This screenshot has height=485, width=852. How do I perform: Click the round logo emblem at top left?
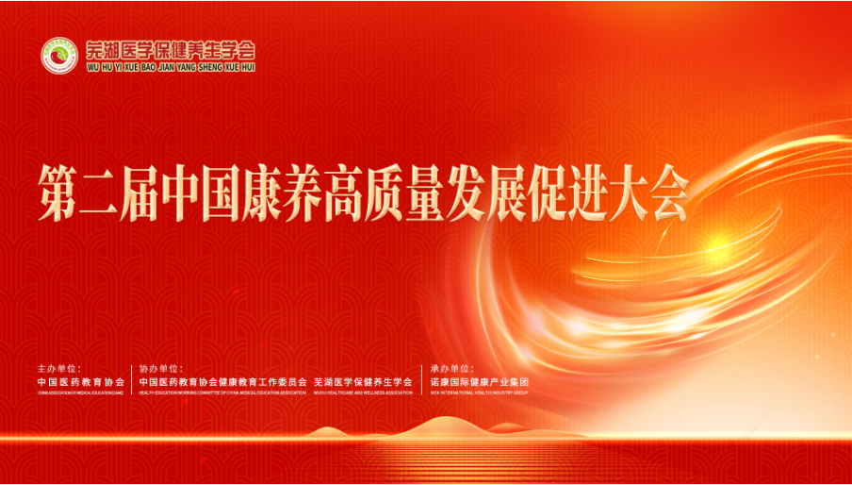58,55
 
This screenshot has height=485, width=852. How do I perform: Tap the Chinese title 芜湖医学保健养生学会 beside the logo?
171,50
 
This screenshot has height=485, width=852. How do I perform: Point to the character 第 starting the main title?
57,192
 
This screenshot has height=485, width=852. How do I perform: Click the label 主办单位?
59,368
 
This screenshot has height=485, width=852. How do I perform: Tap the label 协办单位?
161,368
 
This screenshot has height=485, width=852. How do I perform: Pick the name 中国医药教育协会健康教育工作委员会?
223,381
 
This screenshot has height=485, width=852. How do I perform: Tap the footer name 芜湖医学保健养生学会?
364,381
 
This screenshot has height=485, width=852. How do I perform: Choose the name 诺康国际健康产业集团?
480,381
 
